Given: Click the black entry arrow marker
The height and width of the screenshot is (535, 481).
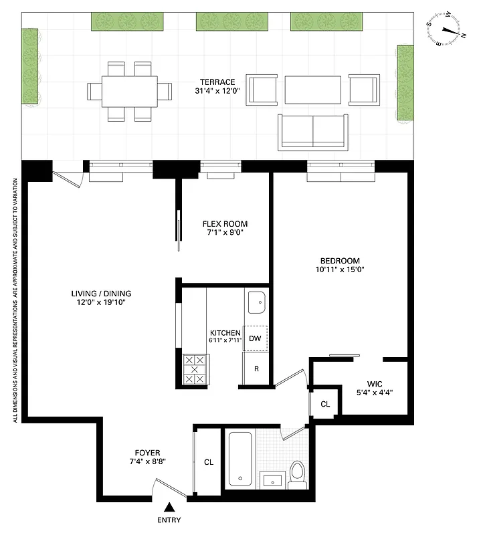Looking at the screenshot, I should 170,509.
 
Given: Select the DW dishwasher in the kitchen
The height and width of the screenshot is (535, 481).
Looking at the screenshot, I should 255,338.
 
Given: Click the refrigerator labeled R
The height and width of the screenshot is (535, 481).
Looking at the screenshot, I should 255,368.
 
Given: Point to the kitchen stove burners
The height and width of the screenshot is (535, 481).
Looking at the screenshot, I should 195,368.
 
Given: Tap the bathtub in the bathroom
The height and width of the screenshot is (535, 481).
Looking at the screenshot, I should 240,459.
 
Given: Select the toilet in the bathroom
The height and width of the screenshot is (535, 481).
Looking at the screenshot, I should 298,471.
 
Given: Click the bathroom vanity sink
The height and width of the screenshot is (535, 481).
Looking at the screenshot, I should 271,479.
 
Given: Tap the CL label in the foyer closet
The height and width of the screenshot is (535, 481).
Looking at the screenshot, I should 209,461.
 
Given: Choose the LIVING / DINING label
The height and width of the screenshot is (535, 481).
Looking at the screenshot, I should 101,293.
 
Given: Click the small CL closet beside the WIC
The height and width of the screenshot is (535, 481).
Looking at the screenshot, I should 325,404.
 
